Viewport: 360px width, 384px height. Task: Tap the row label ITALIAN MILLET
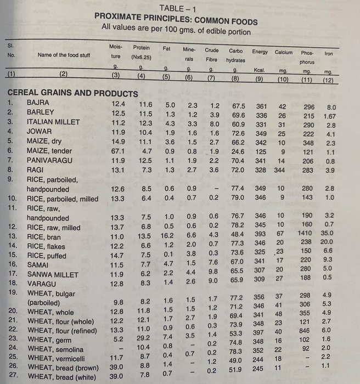[x=53, y=122]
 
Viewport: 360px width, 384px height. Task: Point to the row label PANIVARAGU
[x=49, y=161]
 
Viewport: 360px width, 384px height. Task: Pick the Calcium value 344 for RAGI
[x=280, y=171]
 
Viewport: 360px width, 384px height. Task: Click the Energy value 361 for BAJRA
[x=261, y=105]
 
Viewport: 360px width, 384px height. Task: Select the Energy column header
[x=260, y=52]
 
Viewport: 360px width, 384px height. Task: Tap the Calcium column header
[x=283, y=52]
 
